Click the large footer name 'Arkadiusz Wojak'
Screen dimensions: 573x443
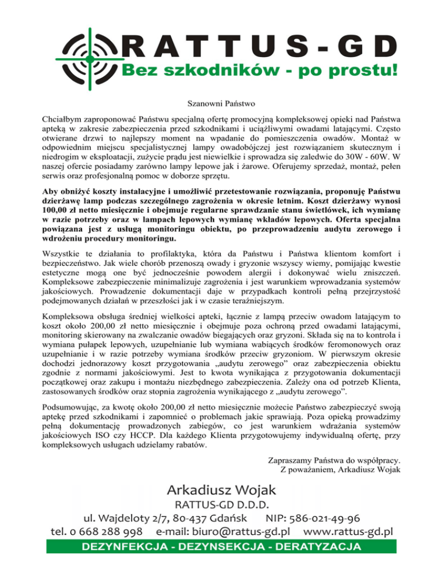[x=222, y=490]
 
